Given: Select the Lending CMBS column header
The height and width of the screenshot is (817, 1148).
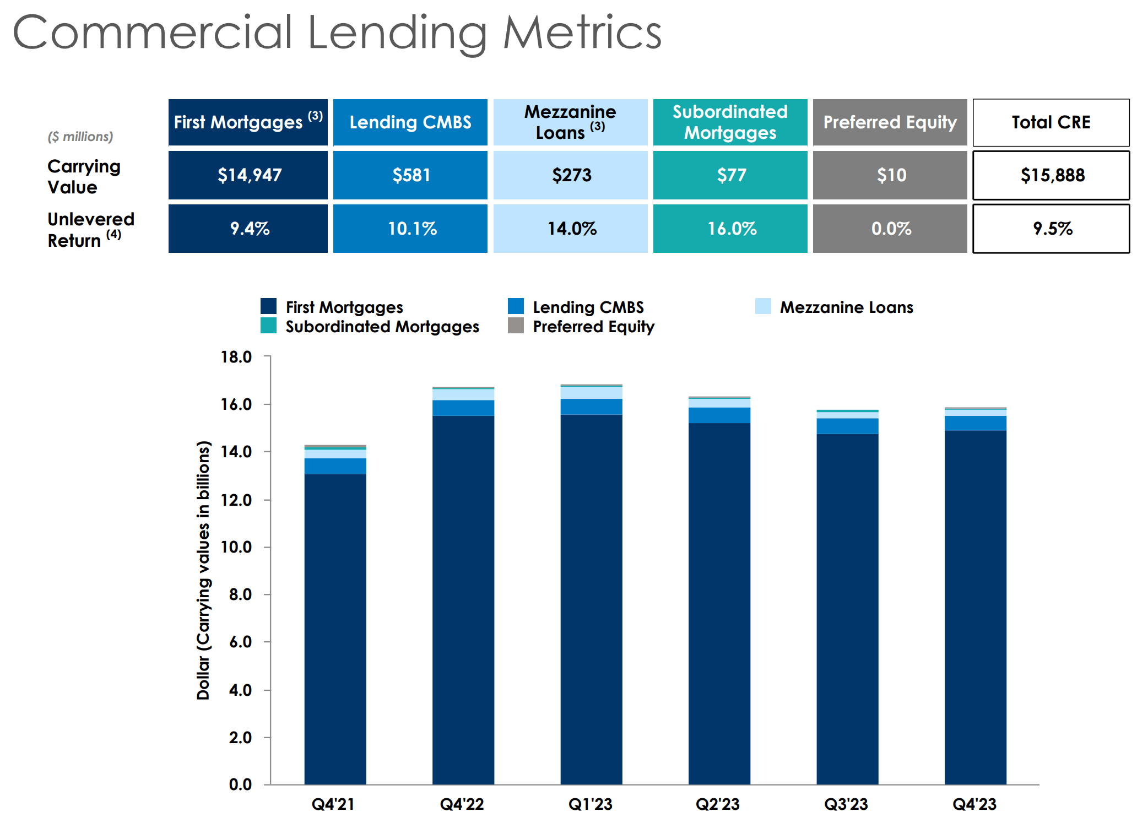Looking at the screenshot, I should tap(410, 122).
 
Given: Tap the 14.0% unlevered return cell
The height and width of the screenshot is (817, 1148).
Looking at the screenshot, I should tap(571, 229).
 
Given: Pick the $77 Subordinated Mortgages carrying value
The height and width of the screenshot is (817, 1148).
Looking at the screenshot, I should tap(730, 175).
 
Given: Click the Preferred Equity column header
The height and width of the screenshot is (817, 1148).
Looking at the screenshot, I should tap(890, 122).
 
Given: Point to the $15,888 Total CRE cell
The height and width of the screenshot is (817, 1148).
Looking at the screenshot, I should tap(1051, 175).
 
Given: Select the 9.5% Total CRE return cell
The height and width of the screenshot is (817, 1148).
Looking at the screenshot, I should tap(1051, 229).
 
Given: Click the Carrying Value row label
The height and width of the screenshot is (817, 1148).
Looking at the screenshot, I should tap(84, 176).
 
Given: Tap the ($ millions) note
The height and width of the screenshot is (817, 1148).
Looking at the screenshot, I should tap(80, 137).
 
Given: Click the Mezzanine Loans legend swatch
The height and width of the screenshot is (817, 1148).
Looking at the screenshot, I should tap(763, 306).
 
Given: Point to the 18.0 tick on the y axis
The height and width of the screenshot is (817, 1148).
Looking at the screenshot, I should tap(236, 357).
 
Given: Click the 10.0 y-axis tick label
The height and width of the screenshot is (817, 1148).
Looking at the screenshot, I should tap(236, 547).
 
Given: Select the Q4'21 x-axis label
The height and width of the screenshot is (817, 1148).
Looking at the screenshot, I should tap(333, 804).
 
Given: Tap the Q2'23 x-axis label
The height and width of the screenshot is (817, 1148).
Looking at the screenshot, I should tap(718, 804).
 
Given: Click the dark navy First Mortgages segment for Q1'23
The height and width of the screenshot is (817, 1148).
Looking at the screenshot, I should tap(591, 600).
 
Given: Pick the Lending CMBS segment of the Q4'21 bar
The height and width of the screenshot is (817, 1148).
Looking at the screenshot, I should tap(335, 466).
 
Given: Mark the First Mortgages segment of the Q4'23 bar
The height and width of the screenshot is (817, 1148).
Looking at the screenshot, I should tap(975, 606).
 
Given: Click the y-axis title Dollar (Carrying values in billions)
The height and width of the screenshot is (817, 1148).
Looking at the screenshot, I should tap(203, 570).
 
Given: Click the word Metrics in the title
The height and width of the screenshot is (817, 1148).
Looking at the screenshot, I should tap(582, 33).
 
